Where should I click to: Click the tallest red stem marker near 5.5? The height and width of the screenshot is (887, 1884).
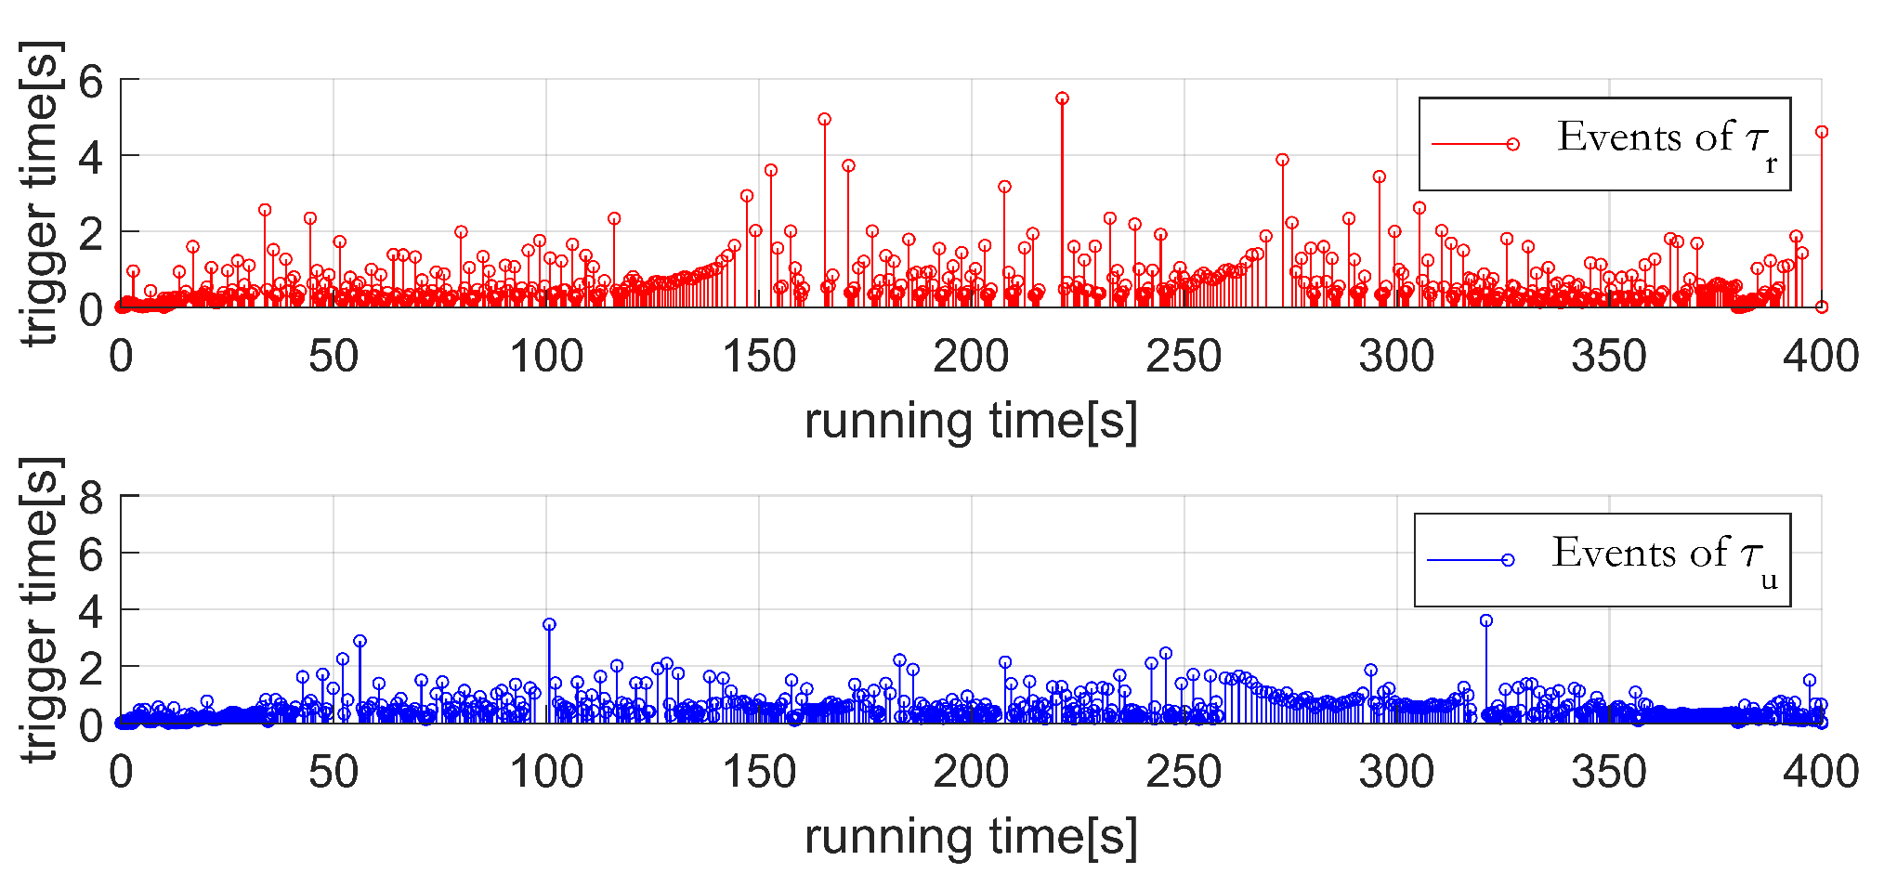[1062, 98]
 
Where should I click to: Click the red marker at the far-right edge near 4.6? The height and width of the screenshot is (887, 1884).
[1821, 132]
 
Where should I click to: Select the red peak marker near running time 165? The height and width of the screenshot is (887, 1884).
[824, 120]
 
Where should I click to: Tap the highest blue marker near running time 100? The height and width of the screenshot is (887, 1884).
[549, 625]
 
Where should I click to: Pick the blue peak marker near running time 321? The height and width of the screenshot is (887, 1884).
[1485, 620]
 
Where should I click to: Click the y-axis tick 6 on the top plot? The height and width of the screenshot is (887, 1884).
[91, 82]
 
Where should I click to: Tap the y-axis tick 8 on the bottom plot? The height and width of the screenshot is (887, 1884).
[91, 499]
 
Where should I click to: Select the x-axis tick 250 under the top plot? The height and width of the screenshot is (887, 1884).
[1184, 357]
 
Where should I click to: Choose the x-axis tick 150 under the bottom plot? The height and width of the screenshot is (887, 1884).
[759, 773]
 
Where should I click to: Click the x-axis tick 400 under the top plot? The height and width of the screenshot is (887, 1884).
[1820, 357]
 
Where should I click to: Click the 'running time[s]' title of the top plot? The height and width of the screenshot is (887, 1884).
[971, 421]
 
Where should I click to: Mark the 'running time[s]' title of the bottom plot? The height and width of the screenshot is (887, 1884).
[971, 837]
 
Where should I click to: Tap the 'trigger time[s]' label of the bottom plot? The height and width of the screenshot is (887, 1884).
[42, 609]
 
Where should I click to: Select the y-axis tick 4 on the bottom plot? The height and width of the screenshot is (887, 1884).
[91, 611]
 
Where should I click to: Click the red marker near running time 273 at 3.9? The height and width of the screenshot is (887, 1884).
[1282, 160]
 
